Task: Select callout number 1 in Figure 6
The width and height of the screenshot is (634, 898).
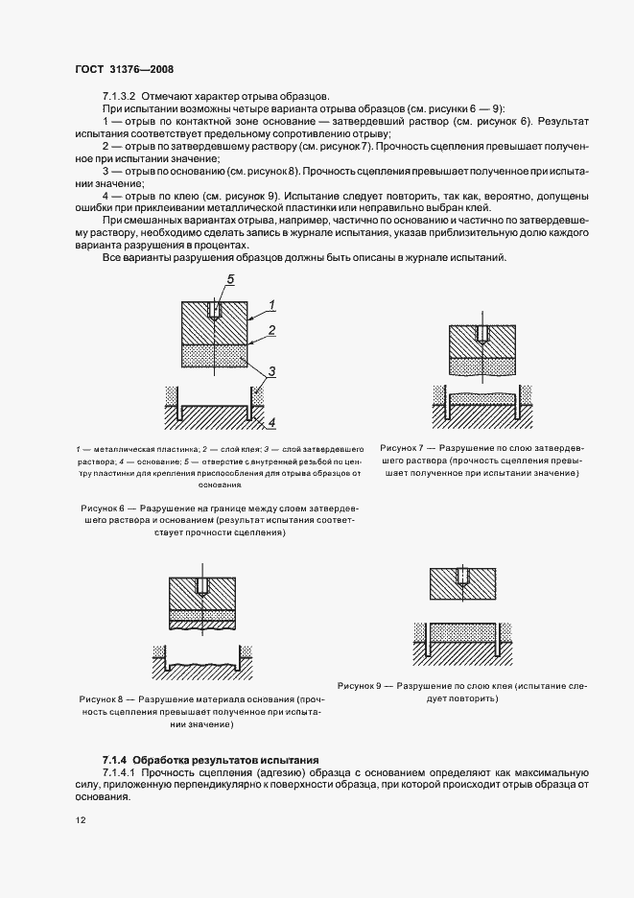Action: (x=272, y=306)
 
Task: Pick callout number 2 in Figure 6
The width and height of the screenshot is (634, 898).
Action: (x=272, y=330)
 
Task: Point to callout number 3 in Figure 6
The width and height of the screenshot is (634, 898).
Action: (x=272, y=370)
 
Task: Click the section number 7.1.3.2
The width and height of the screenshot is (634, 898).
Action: (x=123, y=96)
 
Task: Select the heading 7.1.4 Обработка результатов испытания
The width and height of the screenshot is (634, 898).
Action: (x=209, y=759)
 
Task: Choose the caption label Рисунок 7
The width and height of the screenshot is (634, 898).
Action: (x=407, y=448)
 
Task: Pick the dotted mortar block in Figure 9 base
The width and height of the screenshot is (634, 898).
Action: (x=463, y=632)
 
